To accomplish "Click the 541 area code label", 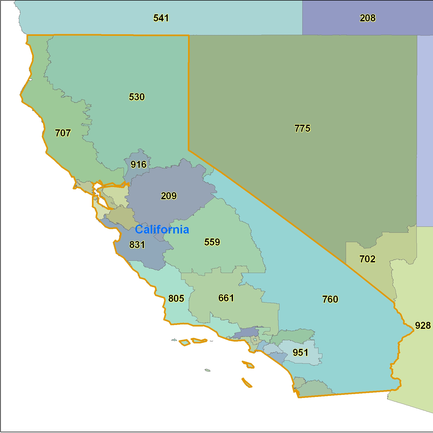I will pos(161,18).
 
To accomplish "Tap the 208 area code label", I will pos(368,18).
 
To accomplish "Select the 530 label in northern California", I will pos(137,97).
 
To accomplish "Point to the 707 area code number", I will pos(63,133).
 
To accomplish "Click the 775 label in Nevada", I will pos(302,128).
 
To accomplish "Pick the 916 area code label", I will pos(138,164).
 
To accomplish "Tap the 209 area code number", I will pos(169,196).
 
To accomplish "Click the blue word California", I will pos(162,230).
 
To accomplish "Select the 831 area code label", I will pos(137,245).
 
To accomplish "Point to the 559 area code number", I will pos(212,242).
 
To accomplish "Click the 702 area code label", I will pos(367,259).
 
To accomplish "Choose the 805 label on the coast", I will pos(176,298).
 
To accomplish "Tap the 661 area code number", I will pos(226,298).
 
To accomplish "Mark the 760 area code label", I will pos(330,299).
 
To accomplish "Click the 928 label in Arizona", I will pos(423,325).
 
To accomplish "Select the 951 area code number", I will pos(300,352).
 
